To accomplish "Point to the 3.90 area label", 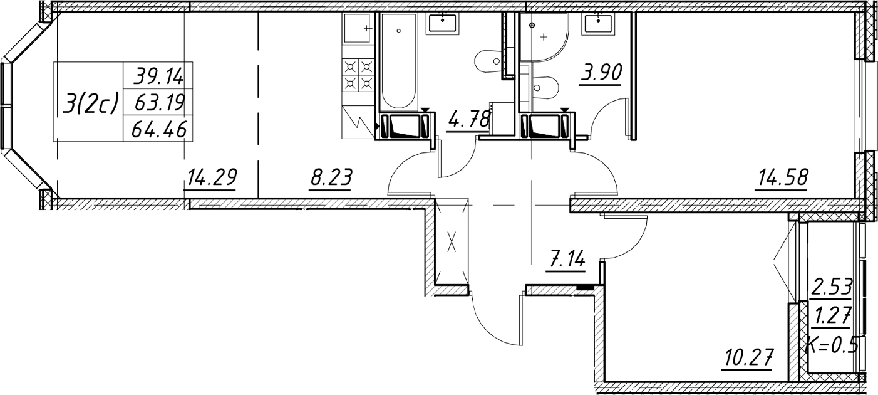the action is (601, 73).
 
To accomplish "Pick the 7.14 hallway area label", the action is (567, 260).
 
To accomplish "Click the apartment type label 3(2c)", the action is (91, 105).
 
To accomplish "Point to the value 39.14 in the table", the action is (158, 76).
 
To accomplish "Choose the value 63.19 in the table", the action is (159, 103).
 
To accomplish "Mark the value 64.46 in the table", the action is (159, 129).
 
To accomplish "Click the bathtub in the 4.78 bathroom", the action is (399, 61).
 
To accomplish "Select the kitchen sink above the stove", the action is (357, 28).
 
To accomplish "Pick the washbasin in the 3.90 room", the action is (599, 24).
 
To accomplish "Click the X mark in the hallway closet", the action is (452, 242).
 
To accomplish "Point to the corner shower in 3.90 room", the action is (544, 37).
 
